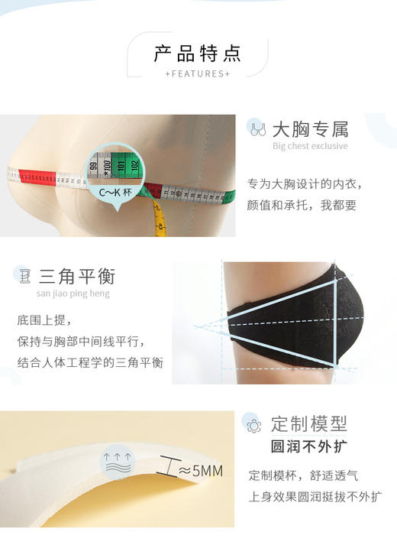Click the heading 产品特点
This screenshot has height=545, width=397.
pos(198,54)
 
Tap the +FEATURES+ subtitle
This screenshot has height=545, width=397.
pos(198,74)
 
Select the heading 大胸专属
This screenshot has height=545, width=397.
pos(310,128)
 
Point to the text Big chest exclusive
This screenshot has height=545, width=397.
pos(310,146)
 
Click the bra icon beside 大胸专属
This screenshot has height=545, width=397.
pos(258,128)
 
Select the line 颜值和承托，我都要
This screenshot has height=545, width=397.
pos(302,205)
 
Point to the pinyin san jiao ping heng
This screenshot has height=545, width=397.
pos(73,294)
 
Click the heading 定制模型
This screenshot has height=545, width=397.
pos(308,423)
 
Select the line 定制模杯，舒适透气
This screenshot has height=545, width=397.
pos(303,475)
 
